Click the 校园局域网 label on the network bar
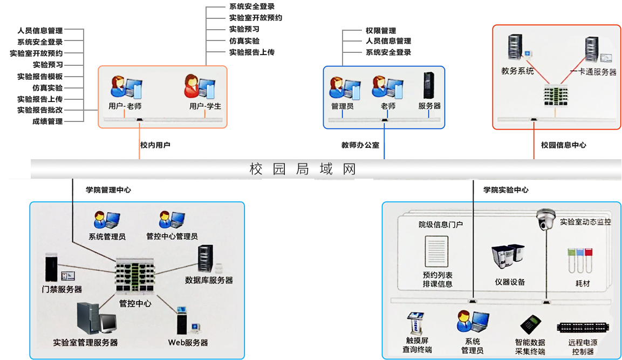[x=303, y=169]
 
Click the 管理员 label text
[x=342, y=106]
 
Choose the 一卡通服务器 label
[x=593, y=72]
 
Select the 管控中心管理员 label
[x=172, y=236]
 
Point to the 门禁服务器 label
[x=63, y=289]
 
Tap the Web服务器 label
[x=188, y=342]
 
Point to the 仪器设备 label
[x=509, y=282]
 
